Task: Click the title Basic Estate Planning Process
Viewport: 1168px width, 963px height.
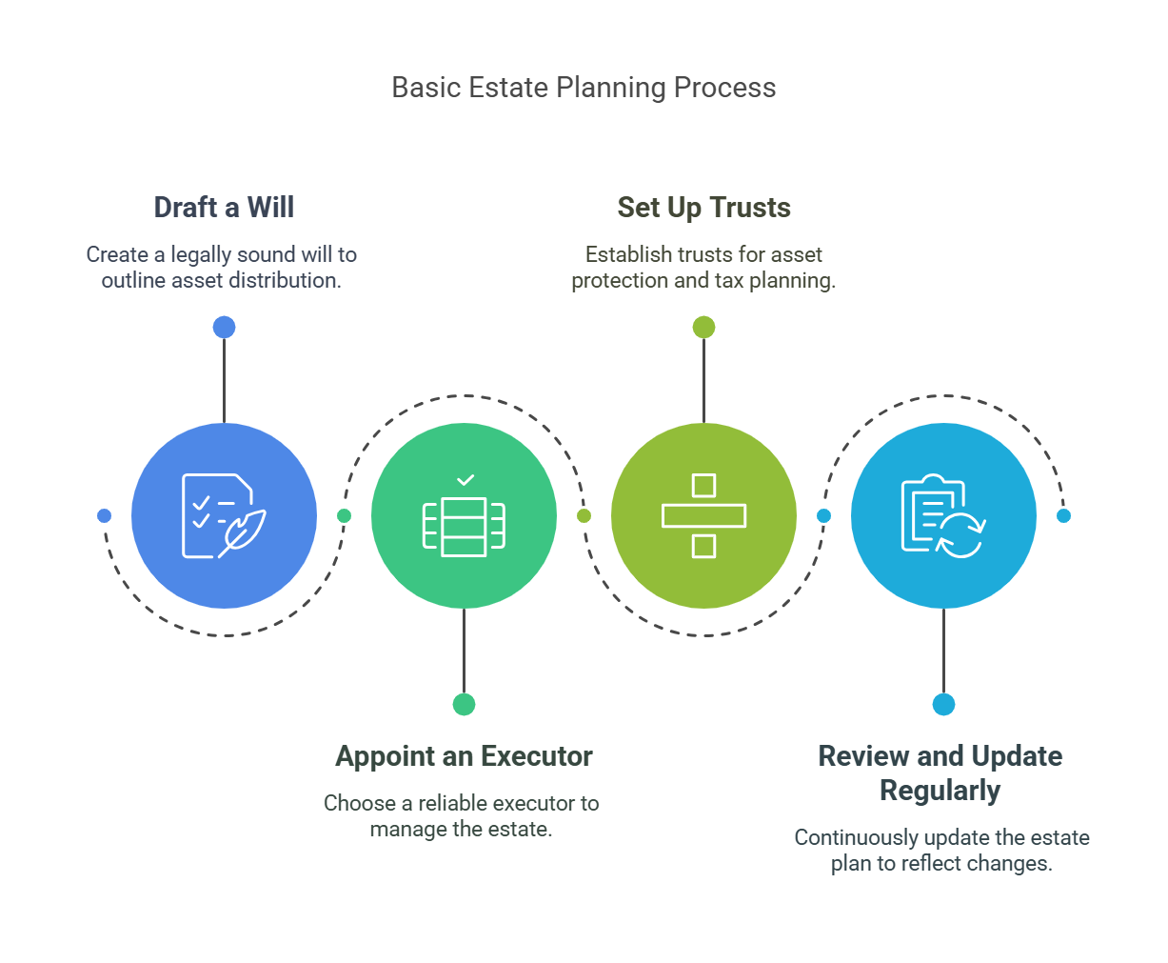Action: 584,88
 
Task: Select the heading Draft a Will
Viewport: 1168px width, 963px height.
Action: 224,207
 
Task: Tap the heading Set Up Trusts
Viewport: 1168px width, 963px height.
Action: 703,207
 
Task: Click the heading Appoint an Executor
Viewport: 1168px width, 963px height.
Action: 464,756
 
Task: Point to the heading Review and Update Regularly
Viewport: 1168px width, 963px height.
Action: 940,773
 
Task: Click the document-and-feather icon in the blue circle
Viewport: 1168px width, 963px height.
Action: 224,515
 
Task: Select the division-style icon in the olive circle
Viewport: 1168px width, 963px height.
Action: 703,515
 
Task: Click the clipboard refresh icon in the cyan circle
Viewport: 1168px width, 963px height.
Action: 943,515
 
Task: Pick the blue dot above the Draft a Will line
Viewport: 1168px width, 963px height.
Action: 224,327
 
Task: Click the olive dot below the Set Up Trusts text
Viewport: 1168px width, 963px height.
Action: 703,327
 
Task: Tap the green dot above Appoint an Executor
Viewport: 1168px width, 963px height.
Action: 464,704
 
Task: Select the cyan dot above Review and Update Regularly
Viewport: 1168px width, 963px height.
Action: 943,704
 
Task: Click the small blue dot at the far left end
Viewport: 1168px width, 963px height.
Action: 104,515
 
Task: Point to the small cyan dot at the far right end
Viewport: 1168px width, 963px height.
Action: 1064,515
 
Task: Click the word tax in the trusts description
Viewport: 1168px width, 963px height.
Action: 729,280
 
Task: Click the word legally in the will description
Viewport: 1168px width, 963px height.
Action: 201,255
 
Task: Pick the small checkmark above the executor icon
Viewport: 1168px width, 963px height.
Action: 465,480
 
